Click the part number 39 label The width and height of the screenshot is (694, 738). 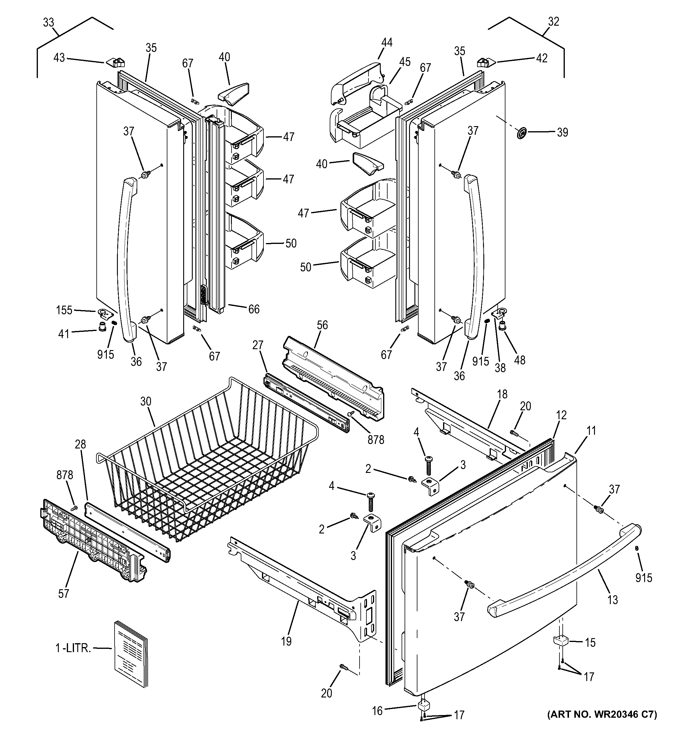coord(562,132)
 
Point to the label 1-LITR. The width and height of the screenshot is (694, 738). coord(73,649)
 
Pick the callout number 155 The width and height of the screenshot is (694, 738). coord(64,310)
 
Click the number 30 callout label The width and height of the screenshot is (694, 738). coord(146,401)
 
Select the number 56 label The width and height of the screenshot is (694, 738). coord(322,325)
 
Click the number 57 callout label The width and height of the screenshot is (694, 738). coord(64,594)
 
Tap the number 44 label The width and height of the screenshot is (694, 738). coord(386,42)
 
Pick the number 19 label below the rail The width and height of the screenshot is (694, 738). coord(286,641)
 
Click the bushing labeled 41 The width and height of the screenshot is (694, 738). coord(102,327)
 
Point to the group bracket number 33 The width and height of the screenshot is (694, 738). coord(48,23)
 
